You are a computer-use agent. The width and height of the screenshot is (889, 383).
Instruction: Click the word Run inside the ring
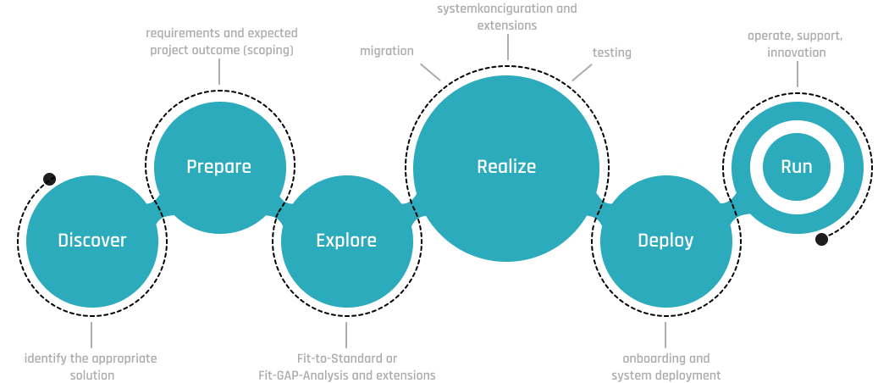(x=797, y=166)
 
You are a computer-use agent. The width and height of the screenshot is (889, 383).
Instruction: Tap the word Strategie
(x=667, y=368)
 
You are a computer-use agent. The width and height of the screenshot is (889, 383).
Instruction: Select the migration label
(x=387, y=51)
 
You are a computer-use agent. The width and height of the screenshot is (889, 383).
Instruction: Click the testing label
(x=611, y=53)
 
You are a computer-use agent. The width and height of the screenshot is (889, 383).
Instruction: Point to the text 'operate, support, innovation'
(x=795, y=44)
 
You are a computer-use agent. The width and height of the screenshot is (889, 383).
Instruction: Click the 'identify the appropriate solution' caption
(x=91, y=366)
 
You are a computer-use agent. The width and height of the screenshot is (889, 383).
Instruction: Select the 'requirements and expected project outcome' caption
(x=222, y=41)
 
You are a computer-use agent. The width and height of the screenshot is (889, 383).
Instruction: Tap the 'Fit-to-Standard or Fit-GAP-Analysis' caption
(x=346, y=366)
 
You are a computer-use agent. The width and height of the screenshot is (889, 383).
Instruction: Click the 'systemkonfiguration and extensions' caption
(x=507, y=17)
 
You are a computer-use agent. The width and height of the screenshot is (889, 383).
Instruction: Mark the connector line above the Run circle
(x=797, y=74)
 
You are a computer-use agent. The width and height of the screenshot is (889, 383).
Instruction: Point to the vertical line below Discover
(x=91, y=335)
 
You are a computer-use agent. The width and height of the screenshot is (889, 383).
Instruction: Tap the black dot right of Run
(x=821, y=240)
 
